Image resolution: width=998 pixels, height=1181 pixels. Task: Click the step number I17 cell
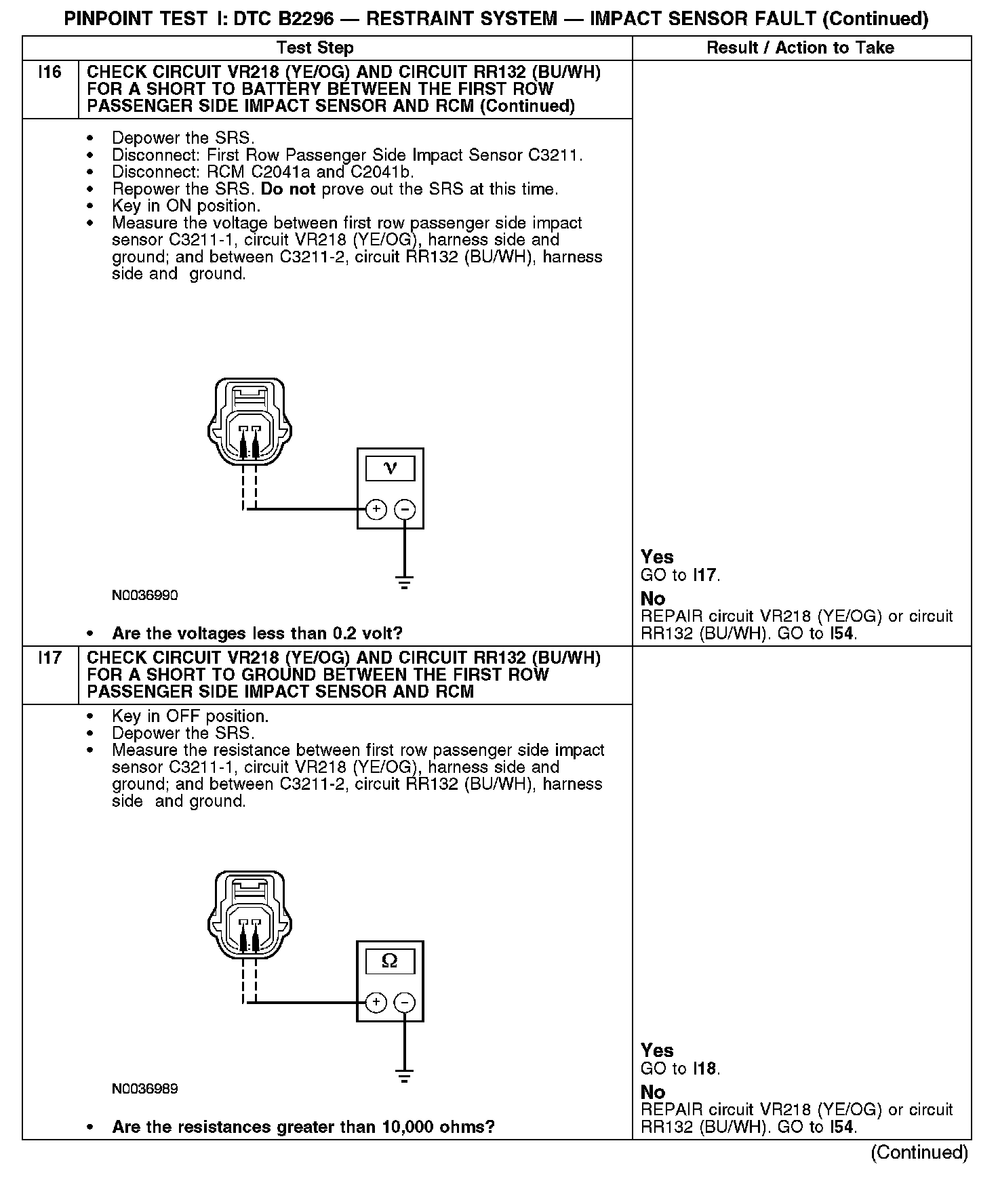[x=50, y=658]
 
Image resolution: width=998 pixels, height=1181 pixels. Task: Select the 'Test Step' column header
[x=315, y=47]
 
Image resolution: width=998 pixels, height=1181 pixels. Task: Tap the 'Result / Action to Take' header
[x=800, y=47]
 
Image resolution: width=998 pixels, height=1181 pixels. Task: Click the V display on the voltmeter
[x=390, y=468]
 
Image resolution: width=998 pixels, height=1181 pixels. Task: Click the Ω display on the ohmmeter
[x=390, y=961]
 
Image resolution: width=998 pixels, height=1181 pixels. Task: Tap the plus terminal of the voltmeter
[x=376, y=509]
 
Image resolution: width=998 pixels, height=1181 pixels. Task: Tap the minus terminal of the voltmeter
[x=405, y=509]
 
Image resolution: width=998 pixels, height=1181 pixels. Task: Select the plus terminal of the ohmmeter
[x=376, y=1002]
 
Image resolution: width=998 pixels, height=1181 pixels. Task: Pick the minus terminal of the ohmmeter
[x=405, y=1002]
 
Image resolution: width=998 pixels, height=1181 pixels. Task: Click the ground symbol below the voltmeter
[x=404, y=581]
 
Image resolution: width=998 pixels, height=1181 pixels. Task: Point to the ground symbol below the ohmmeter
[x=404, y=1075]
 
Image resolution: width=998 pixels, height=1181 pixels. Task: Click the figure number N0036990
[x=145, y=595]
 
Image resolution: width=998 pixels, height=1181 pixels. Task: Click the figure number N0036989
[x=145, y=1089]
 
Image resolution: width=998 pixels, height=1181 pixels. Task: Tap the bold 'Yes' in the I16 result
[x=657, y=557]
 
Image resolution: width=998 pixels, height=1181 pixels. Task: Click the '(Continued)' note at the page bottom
[x=919, y=1152]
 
